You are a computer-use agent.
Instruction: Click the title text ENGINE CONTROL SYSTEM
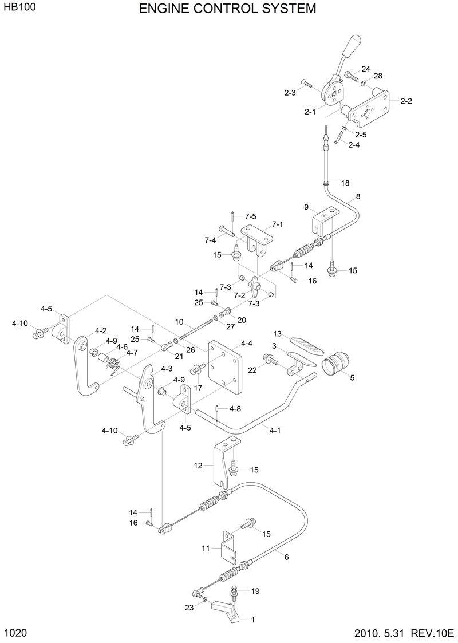pyautogui.click(x=227, y=9)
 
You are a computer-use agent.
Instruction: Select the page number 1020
pyautogui.click(x=15, y=633)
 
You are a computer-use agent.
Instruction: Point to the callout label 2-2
pyautogui.click(x=406, y=101)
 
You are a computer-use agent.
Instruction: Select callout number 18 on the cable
pyautogui.click(x=345, y=183)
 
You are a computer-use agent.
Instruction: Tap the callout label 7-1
pyautogui.click(x=277, y=224)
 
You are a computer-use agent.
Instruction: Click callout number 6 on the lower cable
pyautogui.click(x=286, y=556)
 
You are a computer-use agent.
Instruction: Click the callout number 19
pyautogui.click(x=255, y=590)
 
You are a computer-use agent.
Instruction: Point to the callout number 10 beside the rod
pyautogui.click(x=179, y=322)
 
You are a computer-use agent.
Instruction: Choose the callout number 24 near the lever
pyautogui.click(x=366, y=69)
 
